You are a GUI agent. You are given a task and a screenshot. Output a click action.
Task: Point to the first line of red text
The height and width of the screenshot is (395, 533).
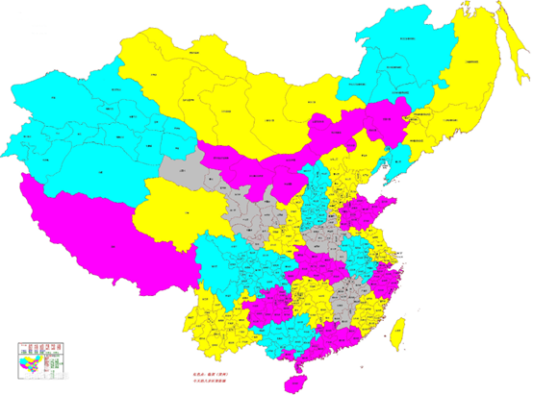coord(196,376)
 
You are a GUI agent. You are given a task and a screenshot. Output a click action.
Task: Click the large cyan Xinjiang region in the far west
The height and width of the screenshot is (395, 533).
coord(87,125)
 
